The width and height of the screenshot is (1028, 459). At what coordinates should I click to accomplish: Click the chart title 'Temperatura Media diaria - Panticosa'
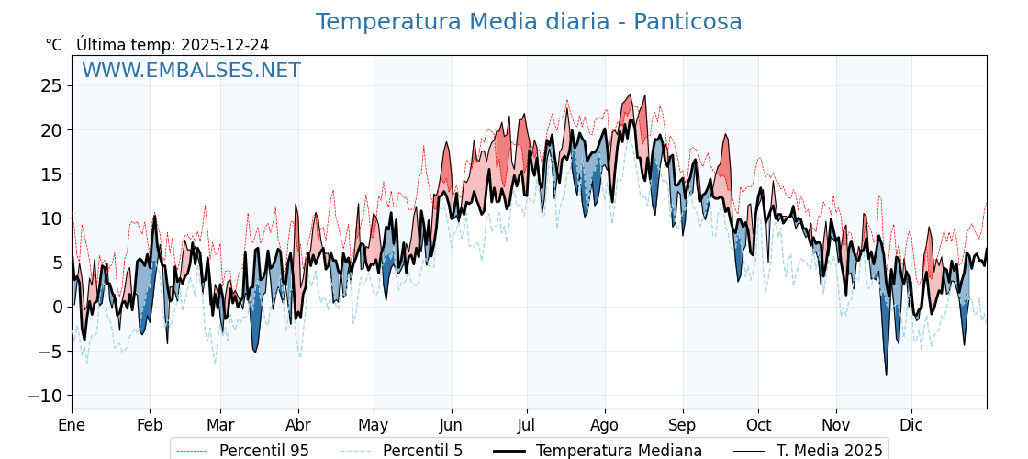(529, 22)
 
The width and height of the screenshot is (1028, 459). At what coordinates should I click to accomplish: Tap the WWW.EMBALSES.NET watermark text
(191, 71)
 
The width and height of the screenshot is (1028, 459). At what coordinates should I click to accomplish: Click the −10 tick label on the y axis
(45, 396)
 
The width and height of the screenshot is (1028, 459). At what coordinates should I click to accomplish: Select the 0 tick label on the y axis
(57, 307)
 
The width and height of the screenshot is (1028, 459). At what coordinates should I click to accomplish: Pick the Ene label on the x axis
(72, 426)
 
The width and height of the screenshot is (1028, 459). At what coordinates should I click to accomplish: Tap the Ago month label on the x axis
(605, 426)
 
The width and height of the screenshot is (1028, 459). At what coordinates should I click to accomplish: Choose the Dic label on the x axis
(911, 426)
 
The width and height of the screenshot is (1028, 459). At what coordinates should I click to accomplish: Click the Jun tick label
(451, 426)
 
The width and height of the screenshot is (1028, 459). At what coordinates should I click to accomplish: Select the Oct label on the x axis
(758, 426)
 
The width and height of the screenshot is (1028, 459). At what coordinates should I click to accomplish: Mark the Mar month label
(220, 426)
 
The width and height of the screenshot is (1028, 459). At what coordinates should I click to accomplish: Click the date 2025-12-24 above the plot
(225, 45)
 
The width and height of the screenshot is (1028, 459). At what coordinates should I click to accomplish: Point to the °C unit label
(53, 45)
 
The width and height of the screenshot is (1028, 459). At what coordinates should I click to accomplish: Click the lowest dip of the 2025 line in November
(886, 375)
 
